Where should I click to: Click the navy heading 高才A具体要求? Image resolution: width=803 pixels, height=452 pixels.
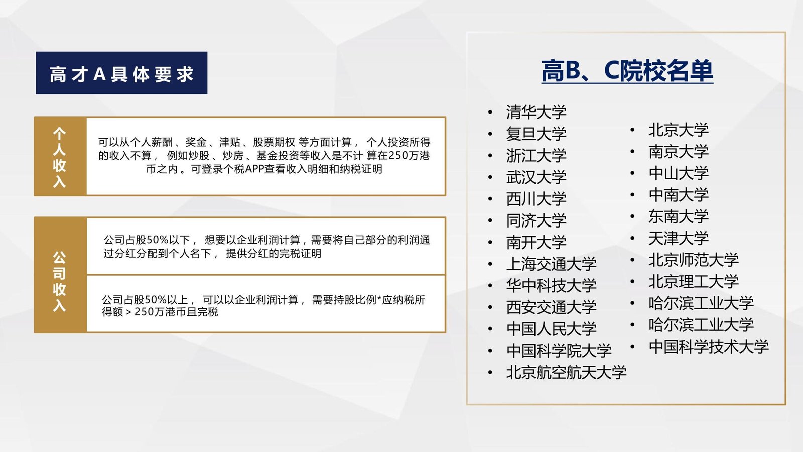point(121,74)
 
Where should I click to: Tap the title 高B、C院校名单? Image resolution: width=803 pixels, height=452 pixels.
point(627,71)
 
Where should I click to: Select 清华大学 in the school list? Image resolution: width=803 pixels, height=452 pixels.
point(537,112)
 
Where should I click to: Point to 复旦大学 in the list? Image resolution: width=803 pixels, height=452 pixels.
point(537,134)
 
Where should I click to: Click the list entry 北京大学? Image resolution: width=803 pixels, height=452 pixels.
point(679,130)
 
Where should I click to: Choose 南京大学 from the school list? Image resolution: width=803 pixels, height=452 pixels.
point(679,151)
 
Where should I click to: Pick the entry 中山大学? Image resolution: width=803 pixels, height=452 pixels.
point(679,173)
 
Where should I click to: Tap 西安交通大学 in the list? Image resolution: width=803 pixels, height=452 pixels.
point(552,307)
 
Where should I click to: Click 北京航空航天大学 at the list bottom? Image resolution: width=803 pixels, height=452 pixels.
point(567,372)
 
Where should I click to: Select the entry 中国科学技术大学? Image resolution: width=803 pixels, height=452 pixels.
point(709,347)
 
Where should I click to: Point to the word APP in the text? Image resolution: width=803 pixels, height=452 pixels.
point(254,169)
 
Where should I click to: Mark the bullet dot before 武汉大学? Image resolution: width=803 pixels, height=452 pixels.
point(490,177)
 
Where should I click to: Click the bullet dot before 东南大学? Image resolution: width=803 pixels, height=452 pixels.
point(632,216)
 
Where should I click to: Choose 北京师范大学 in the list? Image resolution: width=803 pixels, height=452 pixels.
point(694,260)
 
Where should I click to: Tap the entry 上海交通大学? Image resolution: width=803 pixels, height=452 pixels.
point(552,264)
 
